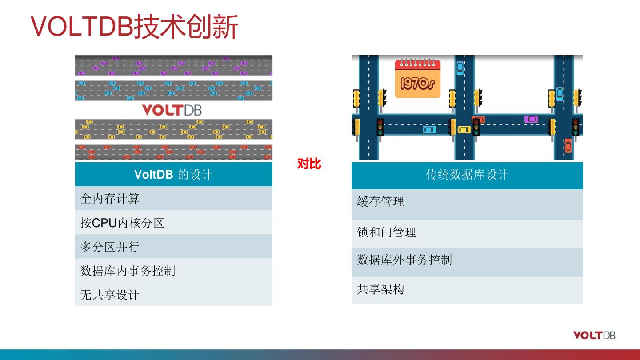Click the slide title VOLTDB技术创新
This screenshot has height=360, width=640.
(x=135, y=27)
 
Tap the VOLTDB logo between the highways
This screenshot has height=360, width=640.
(x=172, y=110)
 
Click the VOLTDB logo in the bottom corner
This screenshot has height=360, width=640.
(x=594, y=335)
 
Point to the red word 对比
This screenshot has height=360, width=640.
(x=309, y=164)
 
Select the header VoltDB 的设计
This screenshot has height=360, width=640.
(x=173, y=174)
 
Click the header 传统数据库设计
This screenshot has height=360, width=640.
(x=467, y=175)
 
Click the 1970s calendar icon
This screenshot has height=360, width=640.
(x=417, y=79)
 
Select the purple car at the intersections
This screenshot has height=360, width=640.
(x=531, y=119)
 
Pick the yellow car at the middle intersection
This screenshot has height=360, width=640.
(x=464, y=130)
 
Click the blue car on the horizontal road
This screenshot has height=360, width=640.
(x=429, y=129)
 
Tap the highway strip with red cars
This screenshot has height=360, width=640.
(x=173, y=152)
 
